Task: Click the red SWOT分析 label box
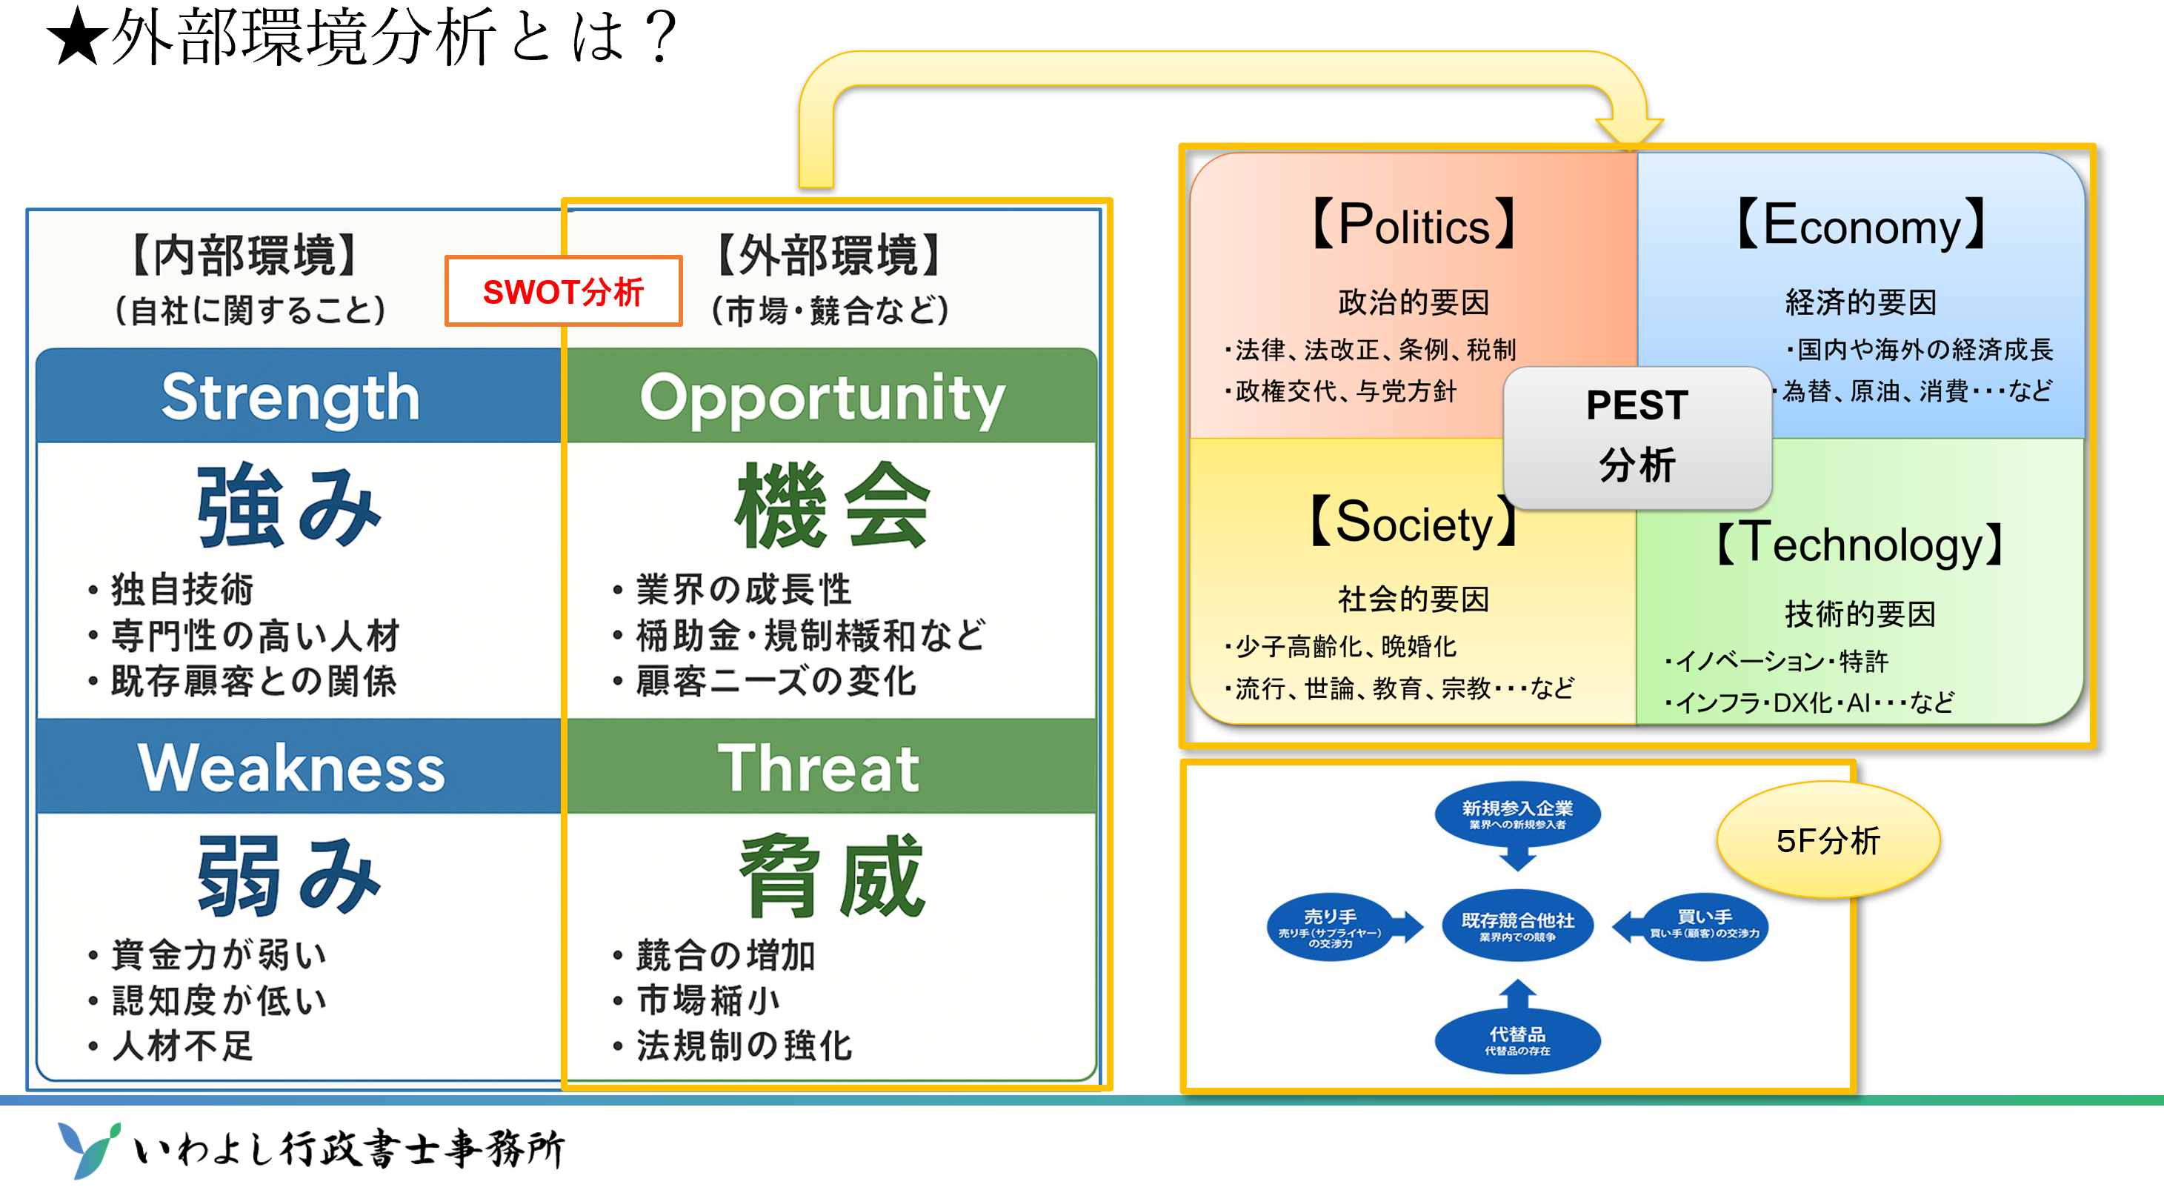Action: [563, 291]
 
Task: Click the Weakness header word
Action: [290, 768]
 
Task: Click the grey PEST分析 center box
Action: [1637, 437]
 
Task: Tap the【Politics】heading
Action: [1414, 225]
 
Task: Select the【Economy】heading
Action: [1860, 225]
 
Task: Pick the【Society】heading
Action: [1414, 522]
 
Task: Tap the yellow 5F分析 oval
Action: [1828, 840]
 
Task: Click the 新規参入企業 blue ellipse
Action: [1517, 814]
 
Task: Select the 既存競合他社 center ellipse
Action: [1517, 925]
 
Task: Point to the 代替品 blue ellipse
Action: [1517, 1040]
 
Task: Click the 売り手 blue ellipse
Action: [1330, 928]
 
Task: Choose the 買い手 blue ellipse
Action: [1705, 925]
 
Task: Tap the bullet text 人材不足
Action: [182, 1046]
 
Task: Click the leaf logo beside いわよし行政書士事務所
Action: [88, 1149]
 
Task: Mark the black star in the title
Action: [77, 38]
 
